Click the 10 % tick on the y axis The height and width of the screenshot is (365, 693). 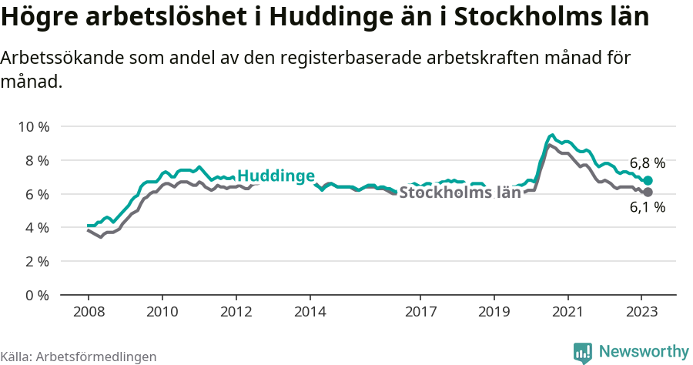point(32,126)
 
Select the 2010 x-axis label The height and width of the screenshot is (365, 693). point(162,312)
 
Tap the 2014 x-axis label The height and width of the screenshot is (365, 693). point(310,312)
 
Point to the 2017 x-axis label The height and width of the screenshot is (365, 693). point(420,312)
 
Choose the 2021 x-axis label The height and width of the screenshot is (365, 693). point(567,312)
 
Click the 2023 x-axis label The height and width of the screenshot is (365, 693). point(641,312)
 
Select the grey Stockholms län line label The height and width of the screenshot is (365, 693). point(460,193)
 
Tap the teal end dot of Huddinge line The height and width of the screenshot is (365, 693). point(648,180)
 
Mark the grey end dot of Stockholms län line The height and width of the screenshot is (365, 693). point(648,192)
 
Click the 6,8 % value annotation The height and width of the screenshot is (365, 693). point(647,163)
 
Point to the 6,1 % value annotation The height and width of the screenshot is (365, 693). point(647,207)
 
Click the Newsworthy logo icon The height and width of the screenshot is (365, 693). point(583,353)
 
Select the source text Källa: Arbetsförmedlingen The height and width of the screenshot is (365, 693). point(79,357)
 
